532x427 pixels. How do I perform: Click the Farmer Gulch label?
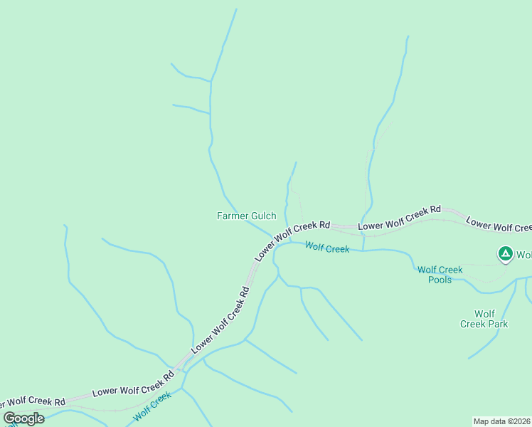coord(246,216)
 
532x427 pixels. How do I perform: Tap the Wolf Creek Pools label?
coord(440,275)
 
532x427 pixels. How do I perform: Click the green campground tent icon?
coord(505,254)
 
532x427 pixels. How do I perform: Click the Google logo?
coord(23,418)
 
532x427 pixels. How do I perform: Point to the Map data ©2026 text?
coord(501,421)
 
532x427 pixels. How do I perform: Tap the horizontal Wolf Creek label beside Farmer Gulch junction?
coord(327,248)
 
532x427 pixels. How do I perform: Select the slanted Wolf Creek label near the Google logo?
coord(153,404)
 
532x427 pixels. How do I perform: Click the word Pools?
coord(440,280)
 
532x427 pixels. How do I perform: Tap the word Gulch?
coord(262,216)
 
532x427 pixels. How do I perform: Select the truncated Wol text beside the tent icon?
coord(523,255)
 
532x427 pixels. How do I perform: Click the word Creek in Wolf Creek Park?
coord(473,324)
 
